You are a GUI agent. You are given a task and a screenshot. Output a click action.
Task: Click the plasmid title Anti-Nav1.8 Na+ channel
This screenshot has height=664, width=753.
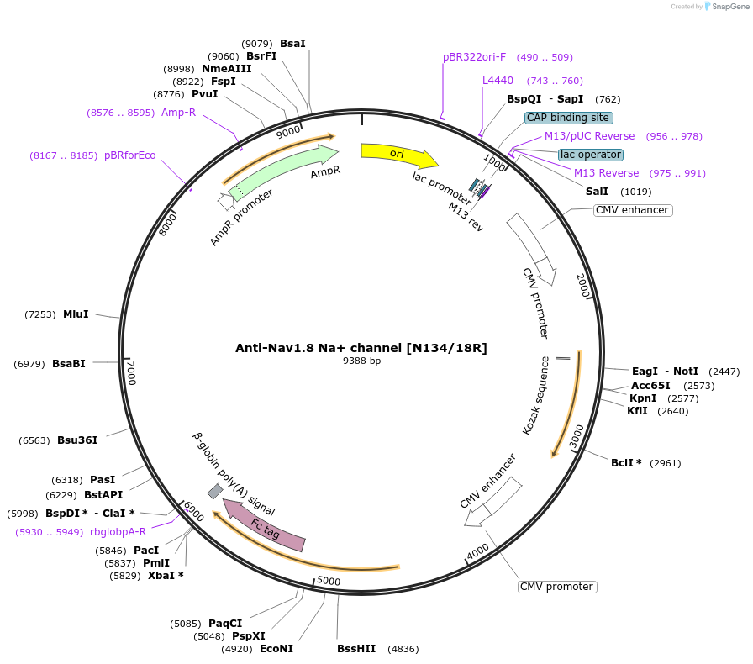click(361, 348)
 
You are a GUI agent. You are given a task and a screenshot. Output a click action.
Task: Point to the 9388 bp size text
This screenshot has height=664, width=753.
click(361, 361)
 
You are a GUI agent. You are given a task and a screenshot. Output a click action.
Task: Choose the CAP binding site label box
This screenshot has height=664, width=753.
click(568, 118)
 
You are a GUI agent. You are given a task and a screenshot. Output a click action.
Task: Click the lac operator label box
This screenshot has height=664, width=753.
click(591, 155)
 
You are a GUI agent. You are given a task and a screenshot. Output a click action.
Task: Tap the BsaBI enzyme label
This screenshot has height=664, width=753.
click(69, 363)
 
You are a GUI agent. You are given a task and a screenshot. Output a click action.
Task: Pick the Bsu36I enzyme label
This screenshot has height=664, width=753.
click(77, 440)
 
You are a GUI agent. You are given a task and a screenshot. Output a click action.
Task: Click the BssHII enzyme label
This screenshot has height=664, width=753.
click(356, 649)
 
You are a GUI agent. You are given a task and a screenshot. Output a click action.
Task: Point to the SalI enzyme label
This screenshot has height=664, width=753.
click(597, 192)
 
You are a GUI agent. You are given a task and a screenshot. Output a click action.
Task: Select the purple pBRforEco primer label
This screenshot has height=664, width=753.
click(129, 155)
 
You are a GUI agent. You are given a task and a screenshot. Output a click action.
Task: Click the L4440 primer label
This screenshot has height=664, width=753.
click(498, 81)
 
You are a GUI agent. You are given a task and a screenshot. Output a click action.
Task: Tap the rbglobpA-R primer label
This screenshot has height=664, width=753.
click(118, 531)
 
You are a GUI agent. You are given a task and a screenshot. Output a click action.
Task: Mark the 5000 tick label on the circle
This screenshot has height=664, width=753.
click(329, 581)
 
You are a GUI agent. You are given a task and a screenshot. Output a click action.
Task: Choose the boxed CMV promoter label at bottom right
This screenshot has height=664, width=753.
click(557, 587)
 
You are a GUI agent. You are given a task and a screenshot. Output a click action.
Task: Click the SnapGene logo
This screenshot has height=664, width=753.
click(726, 7)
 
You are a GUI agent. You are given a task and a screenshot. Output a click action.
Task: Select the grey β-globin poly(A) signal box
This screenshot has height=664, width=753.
click(215, 491)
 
